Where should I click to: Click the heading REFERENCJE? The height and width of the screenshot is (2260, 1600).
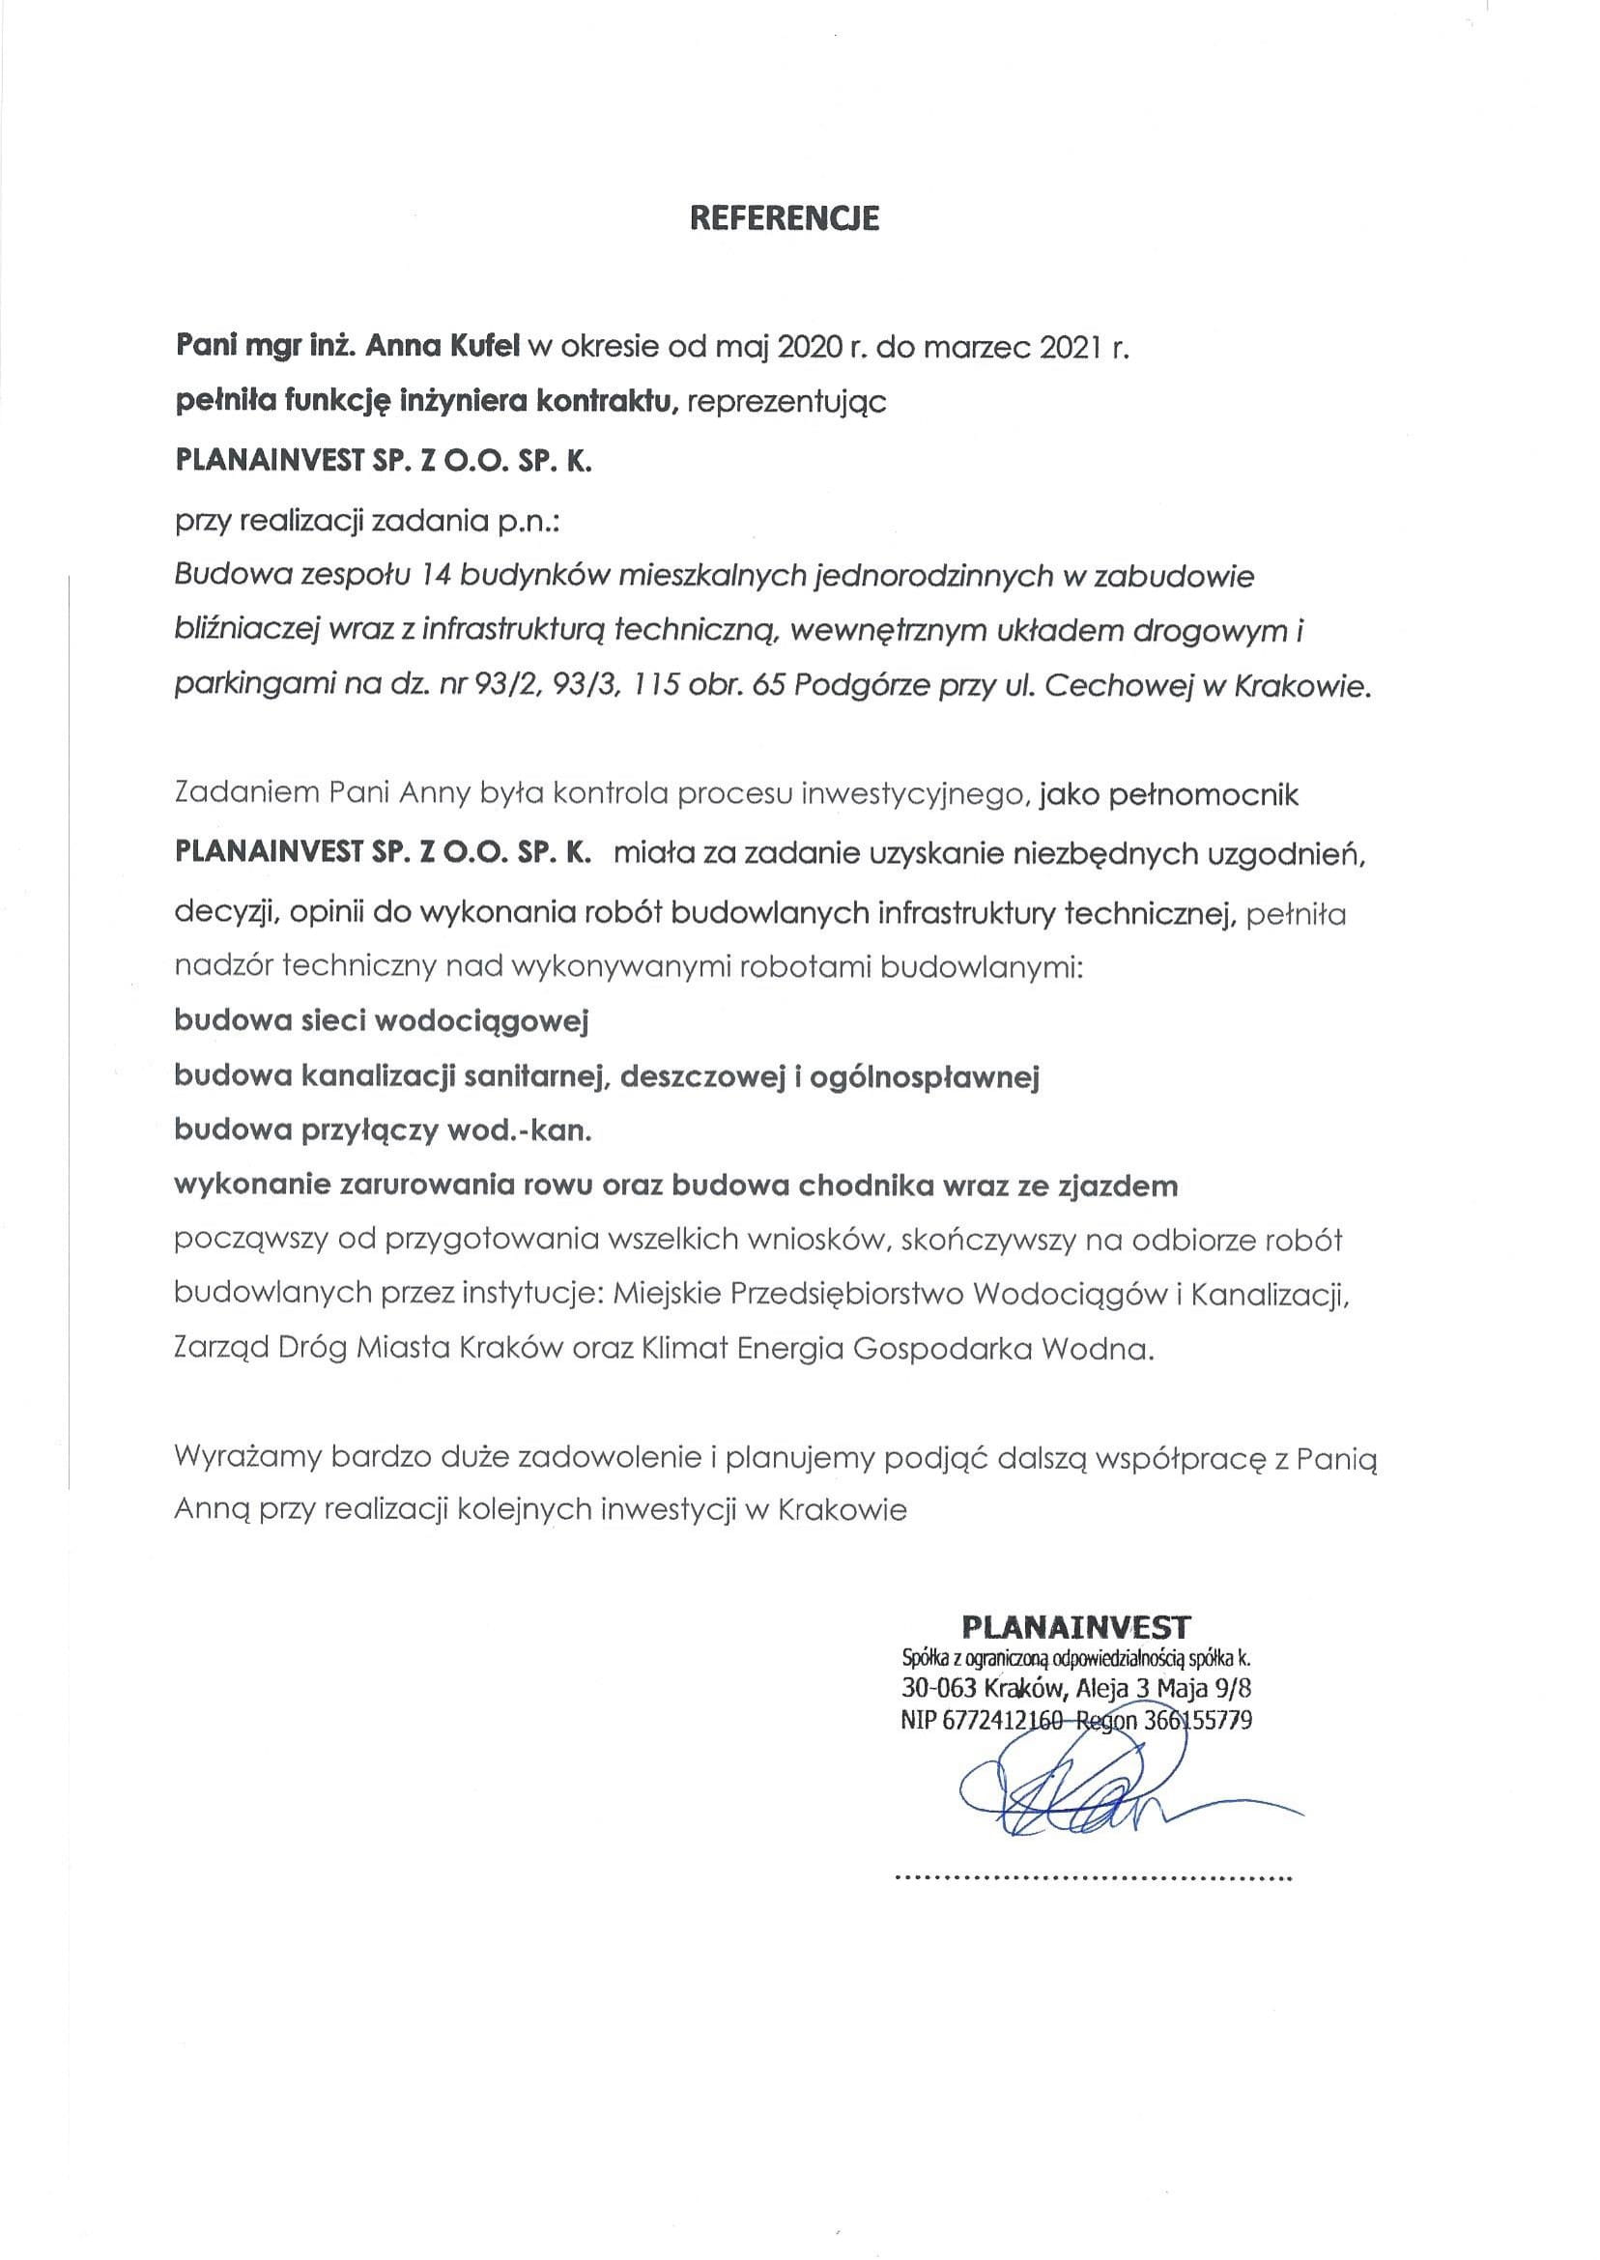point(785,217)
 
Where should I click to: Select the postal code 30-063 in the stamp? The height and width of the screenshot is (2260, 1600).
point(937,1689)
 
